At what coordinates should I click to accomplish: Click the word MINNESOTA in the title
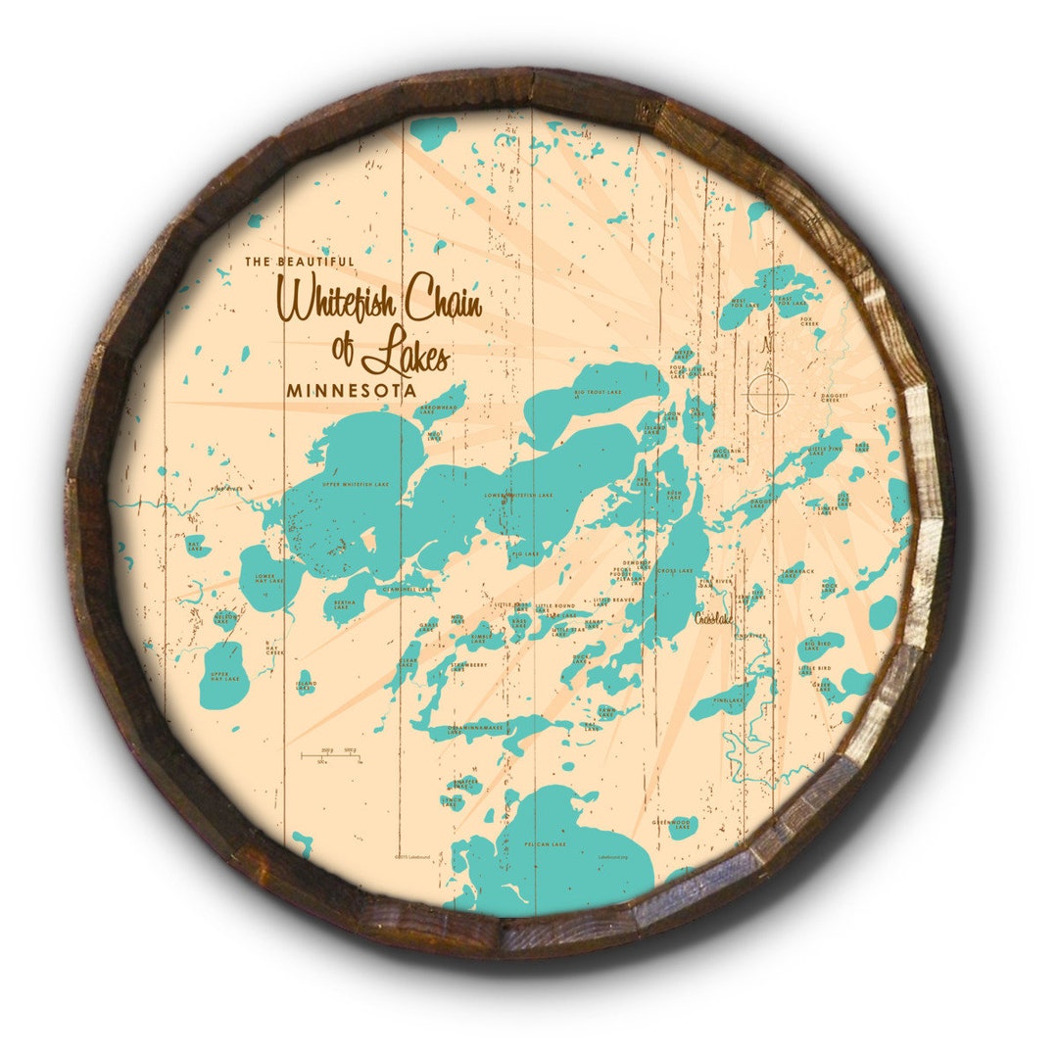(x=352, y=389)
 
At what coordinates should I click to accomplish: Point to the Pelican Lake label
(x=546, y=843)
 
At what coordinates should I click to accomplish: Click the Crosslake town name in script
(x=713, y=618)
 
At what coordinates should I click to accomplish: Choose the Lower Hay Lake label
(x=267, y=579)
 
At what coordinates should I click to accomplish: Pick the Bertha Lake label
(x=344, y=604)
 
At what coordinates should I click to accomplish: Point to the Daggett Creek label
(x=831, y=398)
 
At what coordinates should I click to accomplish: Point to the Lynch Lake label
(x=452, y=801)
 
